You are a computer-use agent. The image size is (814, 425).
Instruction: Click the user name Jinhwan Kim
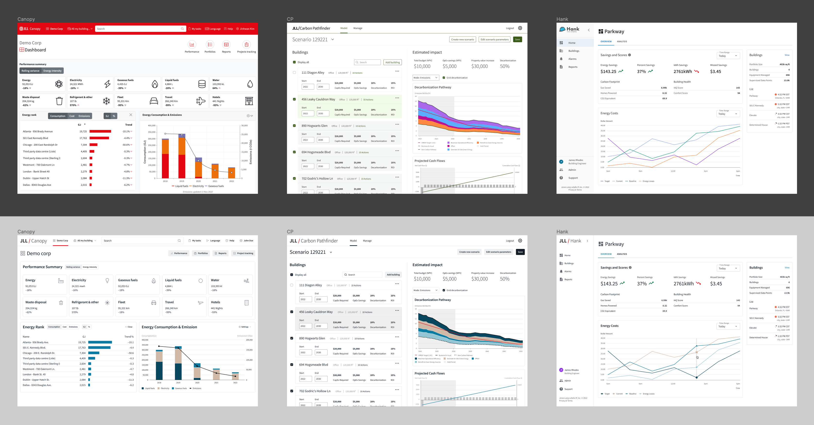[247, 29]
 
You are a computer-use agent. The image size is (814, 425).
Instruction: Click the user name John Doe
[248, 241]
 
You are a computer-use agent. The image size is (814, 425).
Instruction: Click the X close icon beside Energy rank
[131, 115]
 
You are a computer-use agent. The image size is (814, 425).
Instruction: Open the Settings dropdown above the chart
[245, 327]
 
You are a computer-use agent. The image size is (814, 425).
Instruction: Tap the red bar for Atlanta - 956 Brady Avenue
[100, 131]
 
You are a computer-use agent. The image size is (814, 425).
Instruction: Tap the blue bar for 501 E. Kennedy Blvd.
[99, 348]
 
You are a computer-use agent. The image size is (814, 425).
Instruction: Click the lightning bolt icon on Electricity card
[108, 84]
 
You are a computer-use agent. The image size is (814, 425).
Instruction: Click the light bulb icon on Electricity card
[107, 280]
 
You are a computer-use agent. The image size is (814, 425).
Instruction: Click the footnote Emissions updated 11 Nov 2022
[198, 192]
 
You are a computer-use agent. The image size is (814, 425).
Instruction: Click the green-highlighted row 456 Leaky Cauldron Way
[318, 99]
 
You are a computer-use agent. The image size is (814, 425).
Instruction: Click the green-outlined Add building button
[392, 62]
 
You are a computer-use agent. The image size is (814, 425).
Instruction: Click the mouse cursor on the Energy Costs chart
[698, 357]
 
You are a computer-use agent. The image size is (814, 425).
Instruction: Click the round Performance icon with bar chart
[192, 45]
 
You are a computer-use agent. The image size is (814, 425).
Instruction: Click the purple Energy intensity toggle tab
[52, 71]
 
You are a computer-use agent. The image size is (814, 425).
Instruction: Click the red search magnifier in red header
[182, 29]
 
